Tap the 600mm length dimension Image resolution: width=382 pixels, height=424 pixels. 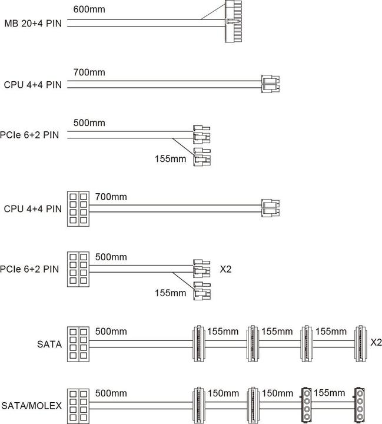tap(89, 10)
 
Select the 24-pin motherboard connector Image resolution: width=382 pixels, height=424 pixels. tap(234, 22)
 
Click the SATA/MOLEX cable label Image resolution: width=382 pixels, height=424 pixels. tap(31, 405)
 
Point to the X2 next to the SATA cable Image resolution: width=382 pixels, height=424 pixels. tap(376, 342)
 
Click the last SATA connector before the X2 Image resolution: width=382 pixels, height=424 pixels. tap(360, 342)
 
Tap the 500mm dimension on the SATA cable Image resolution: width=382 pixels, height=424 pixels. tap(108, 332)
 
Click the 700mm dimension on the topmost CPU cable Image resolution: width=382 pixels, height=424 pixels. tap(89, 72)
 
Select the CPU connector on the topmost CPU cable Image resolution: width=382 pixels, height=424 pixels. tap(271, 84)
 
